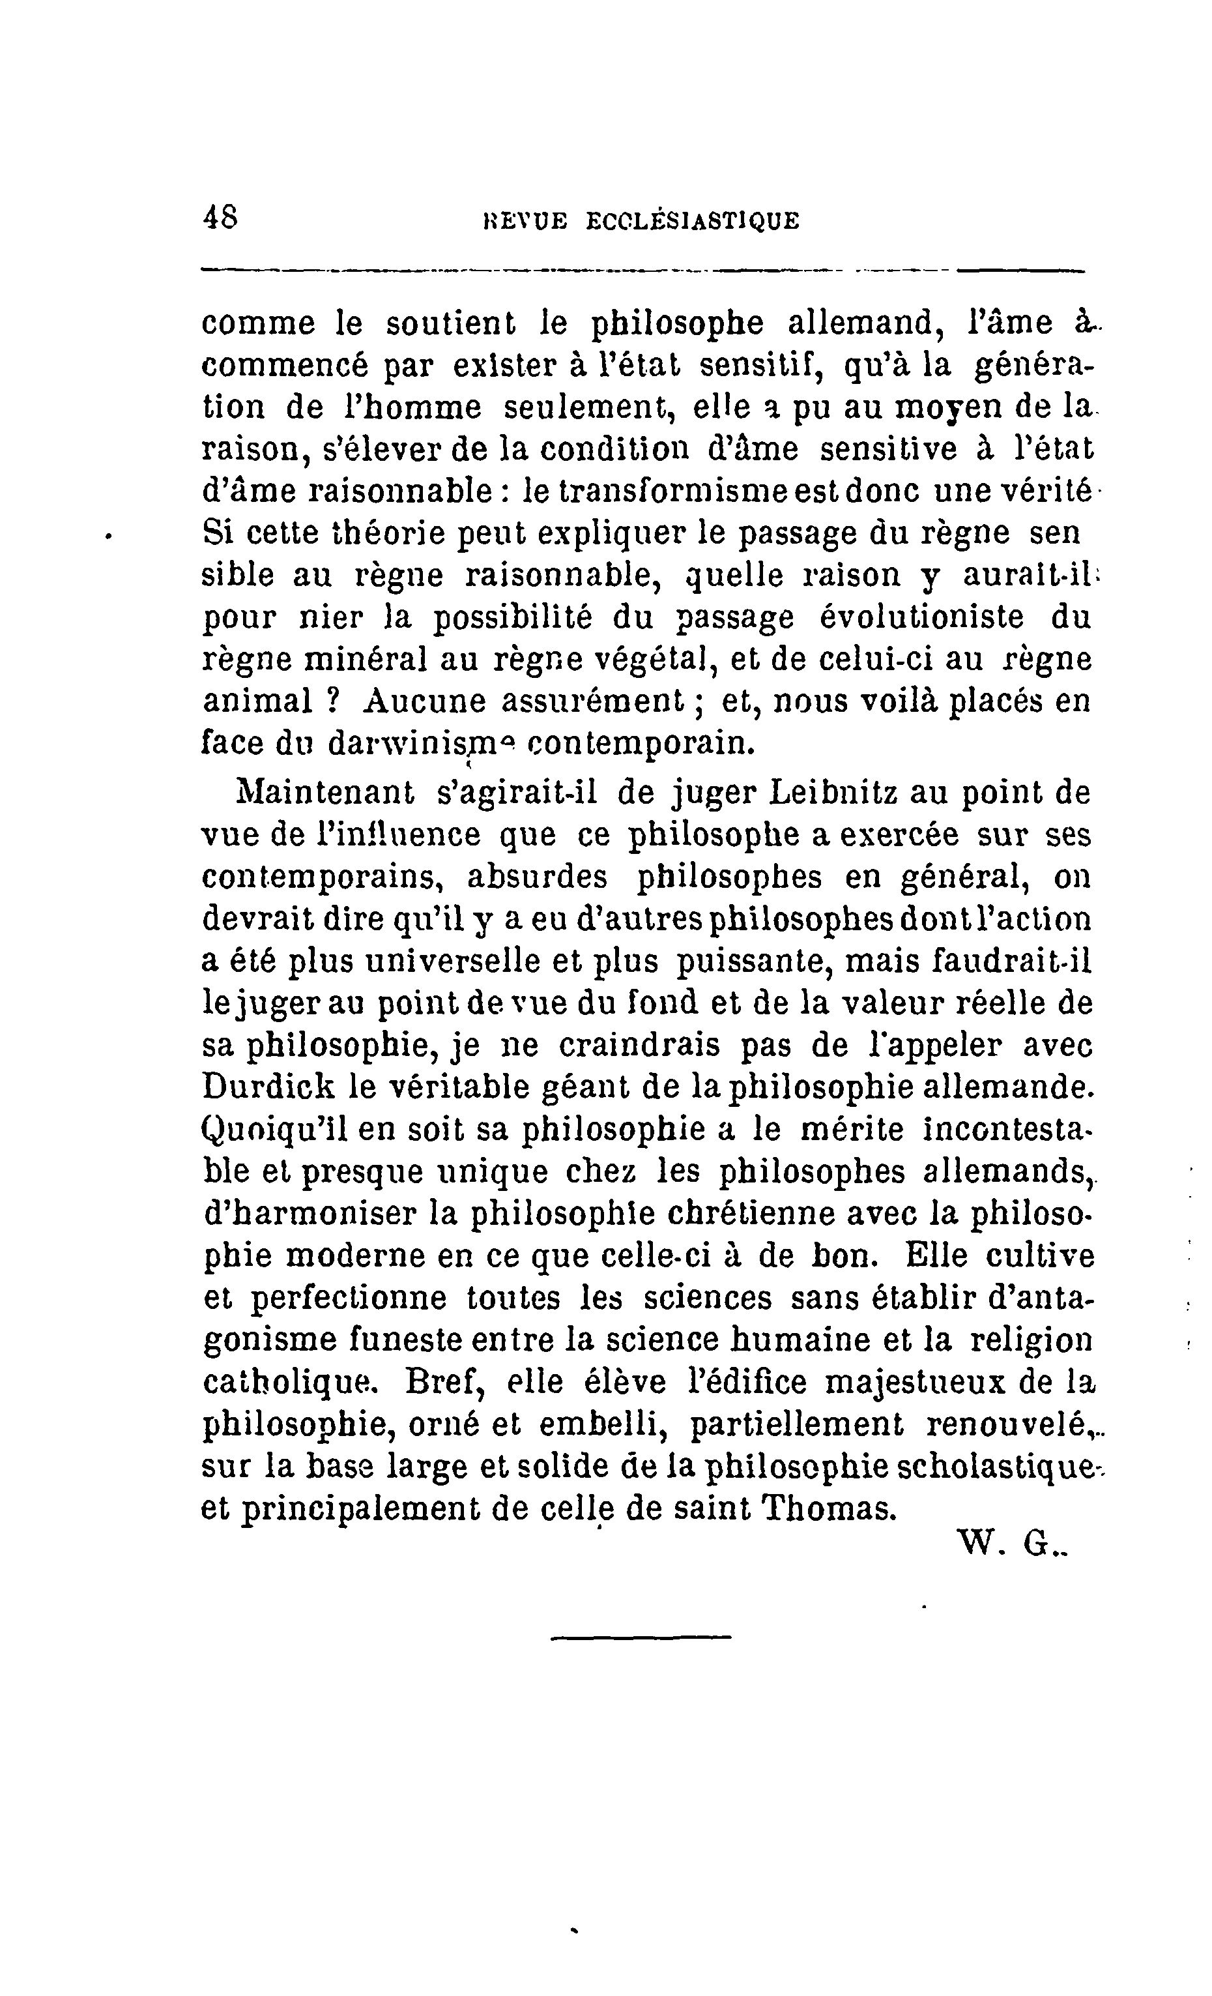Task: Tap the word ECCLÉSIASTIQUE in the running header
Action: pos(692,221)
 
